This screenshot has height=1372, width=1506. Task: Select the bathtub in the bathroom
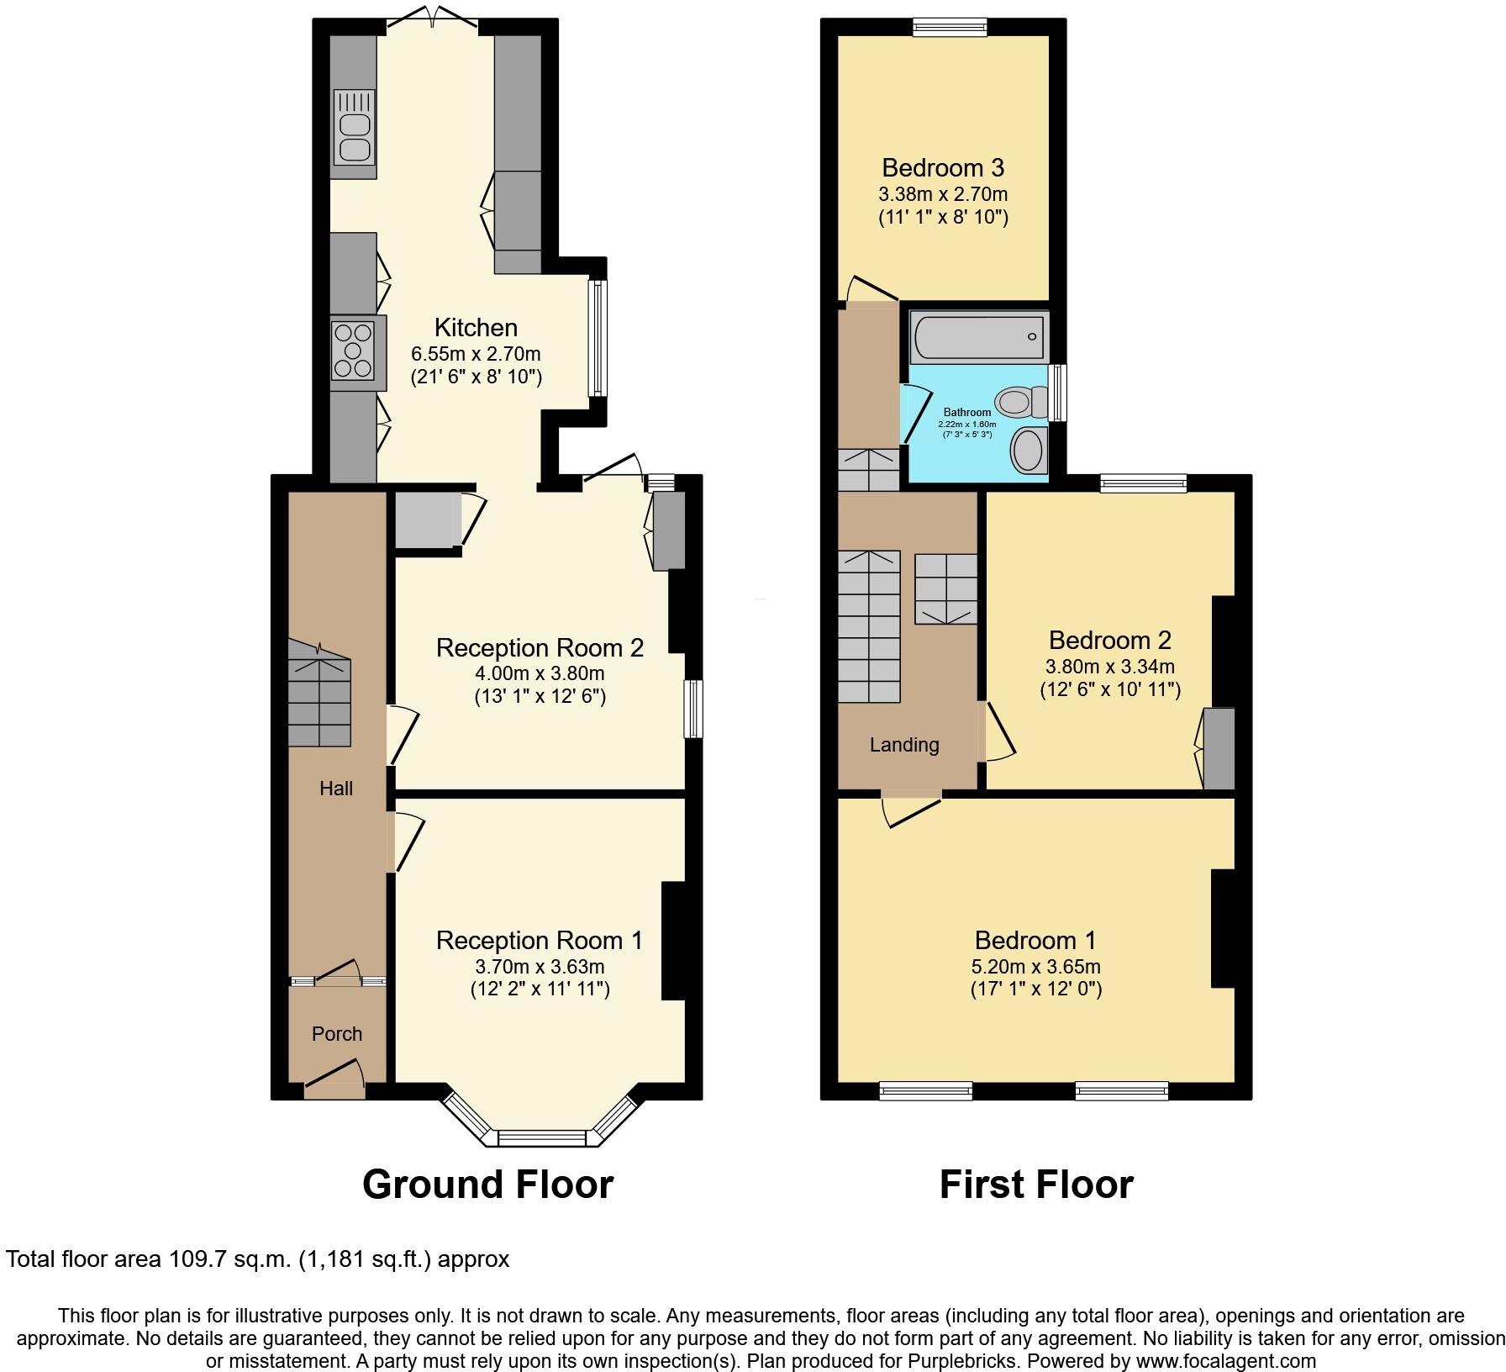(977, 337)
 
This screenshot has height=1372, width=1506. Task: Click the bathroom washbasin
(1027, 450)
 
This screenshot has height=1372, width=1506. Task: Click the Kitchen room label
(476, 327)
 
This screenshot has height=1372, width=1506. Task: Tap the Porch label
(337, 1034)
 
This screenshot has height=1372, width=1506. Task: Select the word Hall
(336, 788)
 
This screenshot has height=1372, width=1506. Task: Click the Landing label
(904, 745)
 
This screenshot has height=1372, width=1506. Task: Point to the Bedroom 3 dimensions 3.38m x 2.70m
(943, 194)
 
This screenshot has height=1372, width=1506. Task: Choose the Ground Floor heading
(487, 1185)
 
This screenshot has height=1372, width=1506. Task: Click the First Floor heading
(1035, 1185)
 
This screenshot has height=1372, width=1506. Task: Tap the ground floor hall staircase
(319, 694)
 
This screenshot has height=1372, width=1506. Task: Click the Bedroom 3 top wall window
(950, 28)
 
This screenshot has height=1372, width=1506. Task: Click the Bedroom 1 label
(1035, 940)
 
